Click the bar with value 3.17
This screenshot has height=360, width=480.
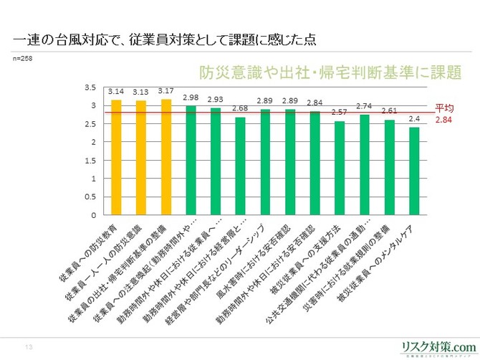tap(166, 158)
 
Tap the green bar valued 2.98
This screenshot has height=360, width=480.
tap(191, 161)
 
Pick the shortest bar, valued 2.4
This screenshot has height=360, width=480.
tap(414, 171)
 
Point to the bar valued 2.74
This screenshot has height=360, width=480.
tap(365, 165)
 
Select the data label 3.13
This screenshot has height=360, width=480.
tap(140, 92)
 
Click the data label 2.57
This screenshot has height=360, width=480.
tap(340, 113)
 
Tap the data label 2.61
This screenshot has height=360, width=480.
tap(390, 111)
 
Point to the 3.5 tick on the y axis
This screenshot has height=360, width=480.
tap(91, 87)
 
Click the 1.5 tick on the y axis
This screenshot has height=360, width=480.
tap(91, 161)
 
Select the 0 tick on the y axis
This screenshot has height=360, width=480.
tap(94, 215)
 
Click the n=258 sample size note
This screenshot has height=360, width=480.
tap(24, 57)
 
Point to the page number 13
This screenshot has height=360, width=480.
tap(29, 347)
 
